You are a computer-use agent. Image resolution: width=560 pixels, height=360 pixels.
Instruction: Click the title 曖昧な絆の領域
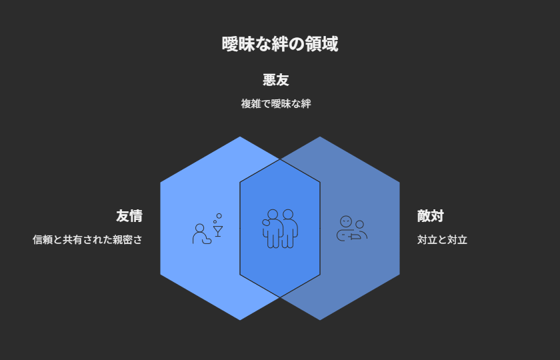coord(279,44)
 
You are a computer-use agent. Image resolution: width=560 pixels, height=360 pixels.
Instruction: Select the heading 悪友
coord(276,79)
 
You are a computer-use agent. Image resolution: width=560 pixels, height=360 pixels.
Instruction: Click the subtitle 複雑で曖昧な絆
coord(276,104)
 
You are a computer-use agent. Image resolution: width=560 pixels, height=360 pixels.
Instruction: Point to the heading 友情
coord(129,216)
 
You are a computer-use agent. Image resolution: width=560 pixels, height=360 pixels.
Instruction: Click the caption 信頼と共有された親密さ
coord(87,239)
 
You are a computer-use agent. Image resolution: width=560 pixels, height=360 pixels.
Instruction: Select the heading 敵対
coord(430,216)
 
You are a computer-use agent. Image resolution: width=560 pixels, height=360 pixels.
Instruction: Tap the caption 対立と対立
coord(442,239)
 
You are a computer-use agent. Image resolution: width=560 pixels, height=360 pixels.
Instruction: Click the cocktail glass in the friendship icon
coord(218,231)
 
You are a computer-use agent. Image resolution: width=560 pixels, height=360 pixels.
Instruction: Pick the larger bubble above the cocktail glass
coord(219,216)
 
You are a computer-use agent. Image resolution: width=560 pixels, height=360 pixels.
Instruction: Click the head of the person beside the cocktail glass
coord(199,228)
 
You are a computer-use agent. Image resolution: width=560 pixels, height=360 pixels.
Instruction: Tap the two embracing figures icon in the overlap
coord(280,229)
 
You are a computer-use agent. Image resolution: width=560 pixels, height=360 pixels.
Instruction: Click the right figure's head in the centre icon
coord(288,214)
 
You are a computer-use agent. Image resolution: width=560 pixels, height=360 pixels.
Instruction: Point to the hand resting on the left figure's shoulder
coord(266,223)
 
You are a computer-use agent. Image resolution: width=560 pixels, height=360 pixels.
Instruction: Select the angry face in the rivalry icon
coord(346,222)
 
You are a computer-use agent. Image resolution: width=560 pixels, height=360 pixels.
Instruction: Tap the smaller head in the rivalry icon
coord(359,224)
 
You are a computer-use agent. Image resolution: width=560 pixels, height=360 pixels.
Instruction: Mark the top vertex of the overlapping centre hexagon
coord(280,159)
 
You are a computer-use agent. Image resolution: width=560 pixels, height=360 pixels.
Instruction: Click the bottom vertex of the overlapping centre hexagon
coord(280,297)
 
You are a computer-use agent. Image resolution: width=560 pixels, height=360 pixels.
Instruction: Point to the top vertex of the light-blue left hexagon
coord(240,137)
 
